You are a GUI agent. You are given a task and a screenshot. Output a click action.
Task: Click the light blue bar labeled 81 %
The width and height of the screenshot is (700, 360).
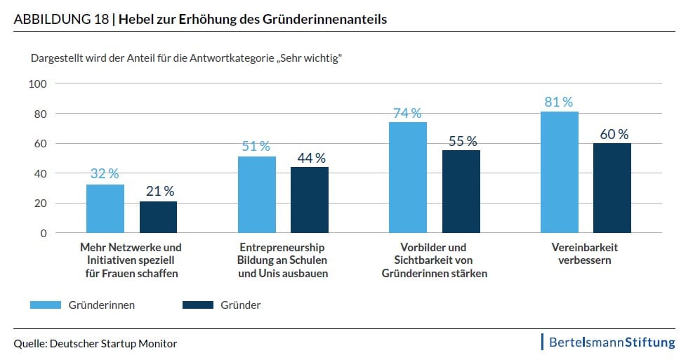[x=560, y=172]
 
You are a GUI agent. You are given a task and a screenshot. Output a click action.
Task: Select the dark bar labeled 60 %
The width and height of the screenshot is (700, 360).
[x=612, y=188]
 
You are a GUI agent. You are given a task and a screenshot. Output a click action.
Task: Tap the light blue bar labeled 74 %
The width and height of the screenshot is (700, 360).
[x=408, y=178]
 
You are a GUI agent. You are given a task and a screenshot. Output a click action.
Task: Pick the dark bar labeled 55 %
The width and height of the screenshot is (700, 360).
[x=461, y=192]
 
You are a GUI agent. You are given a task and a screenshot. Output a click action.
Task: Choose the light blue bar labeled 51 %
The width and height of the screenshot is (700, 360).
[x=257, y=194]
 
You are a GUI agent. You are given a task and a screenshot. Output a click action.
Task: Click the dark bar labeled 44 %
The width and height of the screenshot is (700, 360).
[x=310, y=200]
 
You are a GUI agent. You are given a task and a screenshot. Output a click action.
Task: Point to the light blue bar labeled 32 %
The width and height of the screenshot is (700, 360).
[x=105, y=208]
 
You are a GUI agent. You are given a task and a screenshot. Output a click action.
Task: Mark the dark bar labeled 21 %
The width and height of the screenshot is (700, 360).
[x=158, y=217]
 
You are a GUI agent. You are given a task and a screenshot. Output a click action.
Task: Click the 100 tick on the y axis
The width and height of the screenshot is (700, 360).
[x=37, y=84]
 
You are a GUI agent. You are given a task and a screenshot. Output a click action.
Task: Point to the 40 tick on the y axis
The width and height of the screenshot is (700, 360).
[x=39, y=173]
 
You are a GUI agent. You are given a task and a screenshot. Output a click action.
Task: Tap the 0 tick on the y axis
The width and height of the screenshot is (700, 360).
[x=42, y=233]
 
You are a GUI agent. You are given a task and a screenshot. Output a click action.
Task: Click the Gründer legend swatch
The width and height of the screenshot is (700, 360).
[x=197, y=305]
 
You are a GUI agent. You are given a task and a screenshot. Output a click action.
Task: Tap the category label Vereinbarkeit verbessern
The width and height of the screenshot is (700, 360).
[x=585, y=254]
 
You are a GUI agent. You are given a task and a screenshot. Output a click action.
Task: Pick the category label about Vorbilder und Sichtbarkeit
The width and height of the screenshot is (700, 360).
[x=433, y=260]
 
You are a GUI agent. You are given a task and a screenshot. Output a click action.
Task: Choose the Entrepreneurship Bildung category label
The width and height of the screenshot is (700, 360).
[x=282, y=260]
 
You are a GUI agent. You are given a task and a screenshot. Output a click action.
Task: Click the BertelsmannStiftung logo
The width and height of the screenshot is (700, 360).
[x=609, y=342]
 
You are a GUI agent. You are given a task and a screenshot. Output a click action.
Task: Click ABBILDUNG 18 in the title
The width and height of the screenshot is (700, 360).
[x=61, y=20]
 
